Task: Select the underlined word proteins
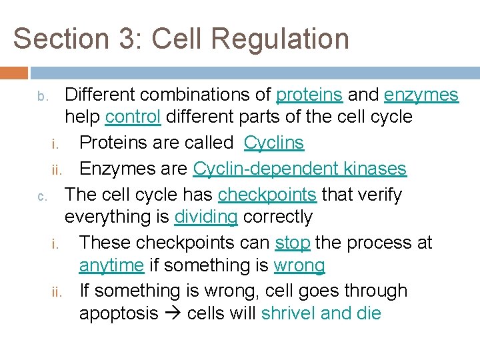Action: pos(309,95)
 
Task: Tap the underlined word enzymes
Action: pos(421,95)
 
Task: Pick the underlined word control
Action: pos(133,117)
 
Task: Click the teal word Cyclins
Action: pos(273,143)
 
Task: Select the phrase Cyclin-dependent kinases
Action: pos(299,168)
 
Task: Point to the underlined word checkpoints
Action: pos(267,195)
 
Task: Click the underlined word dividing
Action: pos(206,217)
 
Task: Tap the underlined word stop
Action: pos(292,242)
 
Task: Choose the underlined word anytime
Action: pos(111,265)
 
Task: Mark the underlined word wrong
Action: pos(299,265)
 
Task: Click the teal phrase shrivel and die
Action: pos(321,313)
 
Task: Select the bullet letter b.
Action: pos(41,97)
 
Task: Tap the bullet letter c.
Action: pos(41,197)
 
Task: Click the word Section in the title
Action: pos(55,39)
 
